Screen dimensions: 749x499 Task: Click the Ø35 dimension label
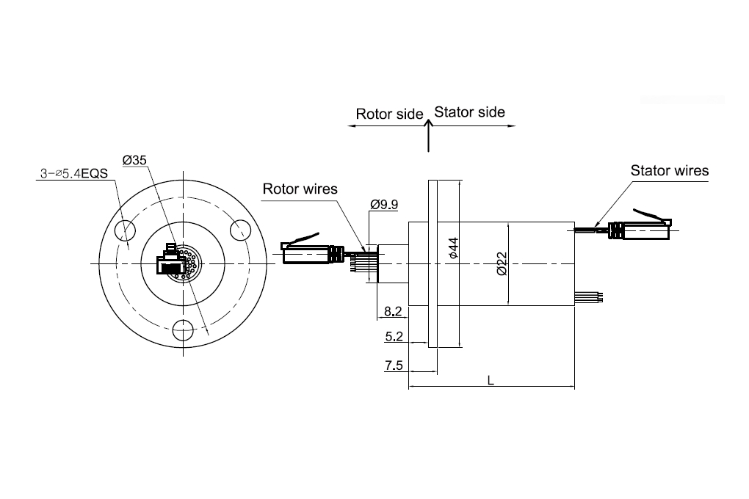pyautogui.click(x=134, y=160)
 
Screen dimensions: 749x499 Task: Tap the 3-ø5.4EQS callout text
pyautogui.click(x=74, y=173)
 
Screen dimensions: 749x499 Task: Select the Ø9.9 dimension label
pyautogui.click(x=384, y=205)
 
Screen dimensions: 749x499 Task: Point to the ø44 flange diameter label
pyautogui.click(x=453, y=248)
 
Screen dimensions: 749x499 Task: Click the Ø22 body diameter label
pyautogui.click(x=502, y=263)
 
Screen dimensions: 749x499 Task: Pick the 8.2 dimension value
pyautogui.click(x=393, y=311)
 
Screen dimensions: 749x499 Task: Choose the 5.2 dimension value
pyautogui.click(x=394, y=337)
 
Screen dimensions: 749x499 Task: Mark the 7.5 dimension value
pyautogui.click(x=394, y=365)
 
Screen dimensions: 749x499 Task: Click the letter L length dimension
pyautogui.click(x=491, y=381)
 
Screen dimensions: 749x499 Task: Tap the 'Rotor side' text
pyautogui.click(x=389, y=114)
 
